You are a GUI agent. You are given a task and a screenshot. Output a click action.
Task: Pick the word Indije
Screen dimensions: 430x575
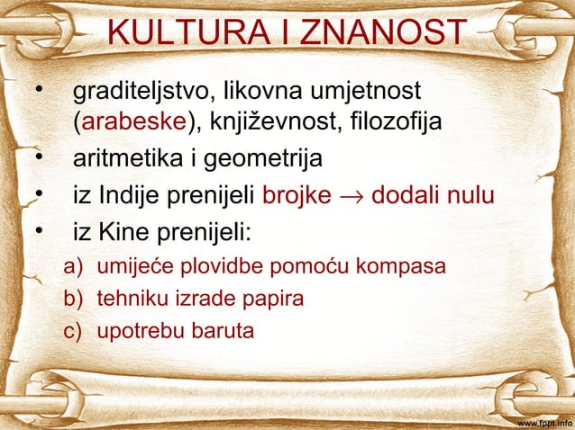coord(131,196)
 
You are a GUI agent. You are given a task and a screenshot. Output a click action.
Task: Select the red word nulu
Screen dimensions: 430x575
coord(467,196)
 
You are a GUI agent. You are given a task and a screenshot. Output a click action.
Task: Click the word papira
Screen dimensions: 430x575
coord(275,299)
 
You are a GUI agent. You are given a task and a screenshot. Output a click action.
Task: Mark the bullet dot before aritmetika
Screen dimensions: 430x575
coord(37,159)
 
